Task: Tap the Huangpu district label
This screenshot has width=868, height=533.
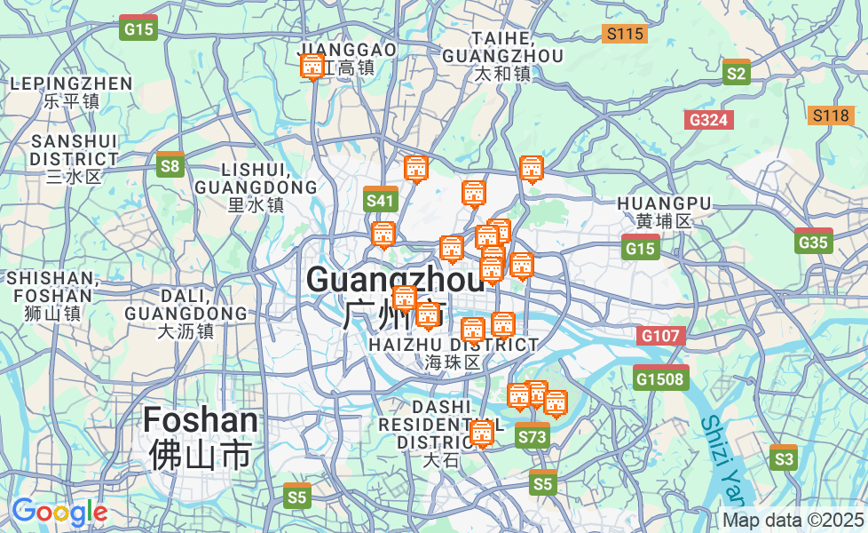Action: (x=664, y=211)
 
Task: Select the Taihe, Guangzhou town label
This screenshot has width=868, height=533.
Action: (x=502, y=55)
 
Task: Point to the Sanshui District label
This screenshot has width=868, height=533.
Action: (x=75, y=158)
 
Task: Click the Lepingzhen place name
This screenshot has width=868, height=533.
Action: (x=71, y=91)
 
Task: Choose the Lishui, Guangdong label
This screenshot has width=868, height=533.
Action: (x=256, y=186)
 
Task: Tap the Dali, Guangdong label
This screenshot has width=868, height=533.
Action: (x=185, y=313)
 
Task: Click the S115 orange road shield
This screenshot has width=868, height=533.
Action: (x=624, y=35)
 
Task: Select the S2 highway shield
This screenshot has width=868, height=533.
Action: (x=736, y=72)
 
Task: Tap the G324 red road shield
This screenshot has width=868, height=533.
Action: (x=709, y=119)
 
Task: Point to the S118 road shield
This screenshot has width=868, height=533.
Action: (x=831, y=115)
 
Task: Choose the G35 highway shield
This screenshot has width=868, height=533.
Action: (x=813, y=241)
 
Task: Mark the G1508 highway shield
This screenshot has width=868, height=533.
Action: (x=661, y=378)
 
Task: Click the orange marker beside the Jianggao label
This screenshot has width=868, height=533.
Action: (x=312, y=66)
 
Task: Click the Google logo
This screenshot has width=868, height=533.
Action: (x=59, y=512)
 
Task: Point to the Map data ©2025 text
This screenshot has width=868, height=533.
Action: (x=793, y=520)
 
